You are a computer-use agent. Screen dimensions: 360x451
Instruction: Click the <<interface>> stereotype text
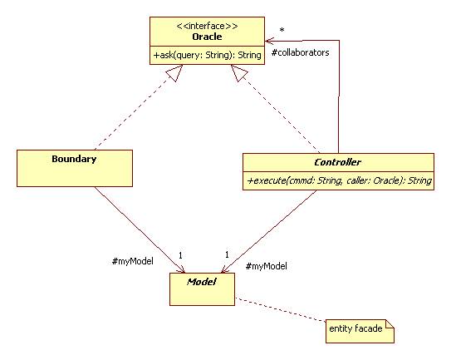(x=207, y=26)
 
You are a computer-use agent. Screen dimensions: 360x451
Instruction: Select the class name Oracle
(x=207, y=37)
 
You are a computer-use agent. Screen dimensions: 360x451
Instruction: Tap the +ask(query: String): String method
(x=207, y=55)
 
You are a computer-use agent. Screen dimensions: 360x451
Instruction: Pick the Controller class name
(x=337, y=161)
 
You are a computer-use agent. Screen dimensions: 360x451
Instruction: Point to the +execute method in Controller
(x=337, y=180)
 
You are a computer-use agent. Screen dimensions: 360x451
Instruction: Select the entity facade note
(x=358, y=329)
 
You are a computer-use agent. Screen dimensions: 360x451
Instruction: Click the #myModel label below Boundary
(x=132, y=260)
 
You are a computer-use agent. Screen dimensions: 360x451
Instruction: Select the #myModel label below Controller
(x=267, y=266)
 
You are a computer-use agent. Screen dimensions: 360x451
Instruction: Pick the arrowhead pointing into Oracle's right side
(x=269, y=40)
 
